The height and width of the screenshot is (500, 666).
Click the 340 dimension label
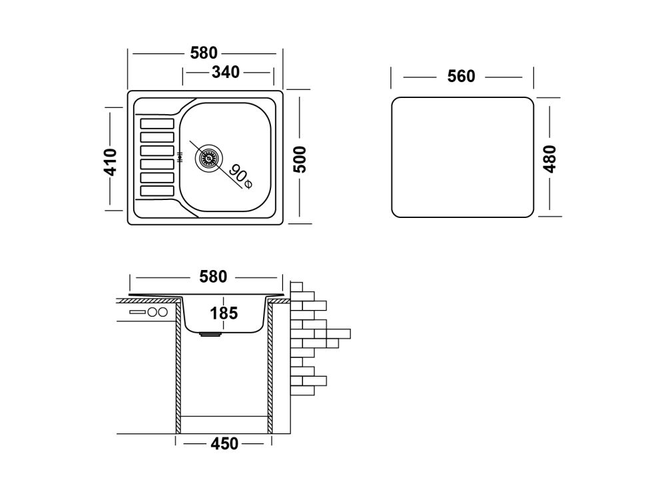[225, 73]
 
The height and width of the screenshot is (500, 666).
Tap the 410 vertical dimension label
[111, 161]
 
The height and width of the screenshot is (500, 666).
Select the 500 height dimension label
[300, 159]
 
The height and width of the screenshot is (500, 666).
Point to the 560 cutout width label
[462, 77]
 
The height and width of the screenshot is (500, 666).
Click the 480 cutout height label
[550, 159]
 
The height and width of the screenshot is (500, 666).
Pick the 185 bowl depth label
[224, 313]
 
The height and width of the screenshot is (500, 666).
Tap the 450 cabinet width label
[224, 443]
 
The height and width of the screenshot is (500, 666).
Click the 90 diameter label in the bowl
[240, 175]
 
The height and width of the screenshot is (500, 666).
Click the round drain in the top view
[206, 158]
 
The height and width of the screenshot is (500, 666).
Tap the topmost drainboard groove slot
[157, 123]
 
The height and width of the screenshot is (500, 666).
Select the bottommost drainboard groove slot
[157, 191]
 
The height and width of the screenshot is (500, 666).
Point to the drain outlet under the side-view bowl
[211, 335]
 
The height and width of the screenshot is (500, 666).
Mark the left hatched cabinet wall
[178, 367]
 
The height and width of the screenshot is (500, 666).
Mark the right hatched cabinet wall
[270, 367]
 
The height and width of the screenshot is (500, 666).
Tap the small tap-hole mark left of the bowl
[180, 158]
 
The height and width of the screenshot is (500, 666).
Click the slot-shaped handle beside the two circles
[137, 312]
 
